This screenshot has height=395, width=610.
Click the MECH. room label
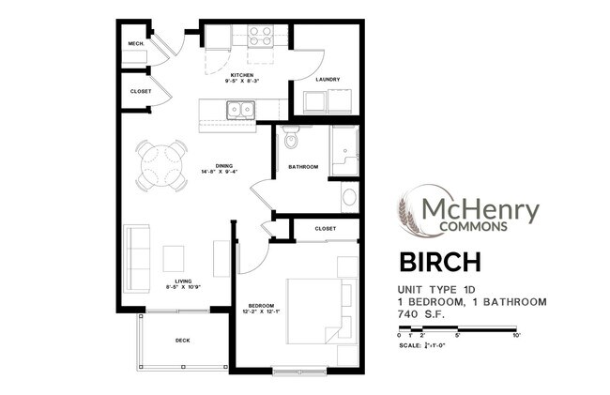135,45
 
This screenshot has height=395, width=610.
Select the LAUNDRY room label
327,80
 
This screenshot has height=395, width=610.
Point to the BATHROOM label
303,167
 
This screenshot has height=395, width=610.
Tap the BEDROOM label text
260,306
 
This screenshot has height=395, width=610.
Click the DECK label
183,341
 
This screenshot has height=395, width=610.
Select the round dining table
160,167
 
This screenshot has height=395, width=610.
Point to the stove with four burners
260,36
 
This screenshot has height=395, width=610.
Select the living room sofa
137,257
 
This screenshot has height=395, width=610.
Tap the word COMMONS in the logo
475,225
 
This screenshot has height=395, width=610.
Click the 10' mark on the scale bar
516,335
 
